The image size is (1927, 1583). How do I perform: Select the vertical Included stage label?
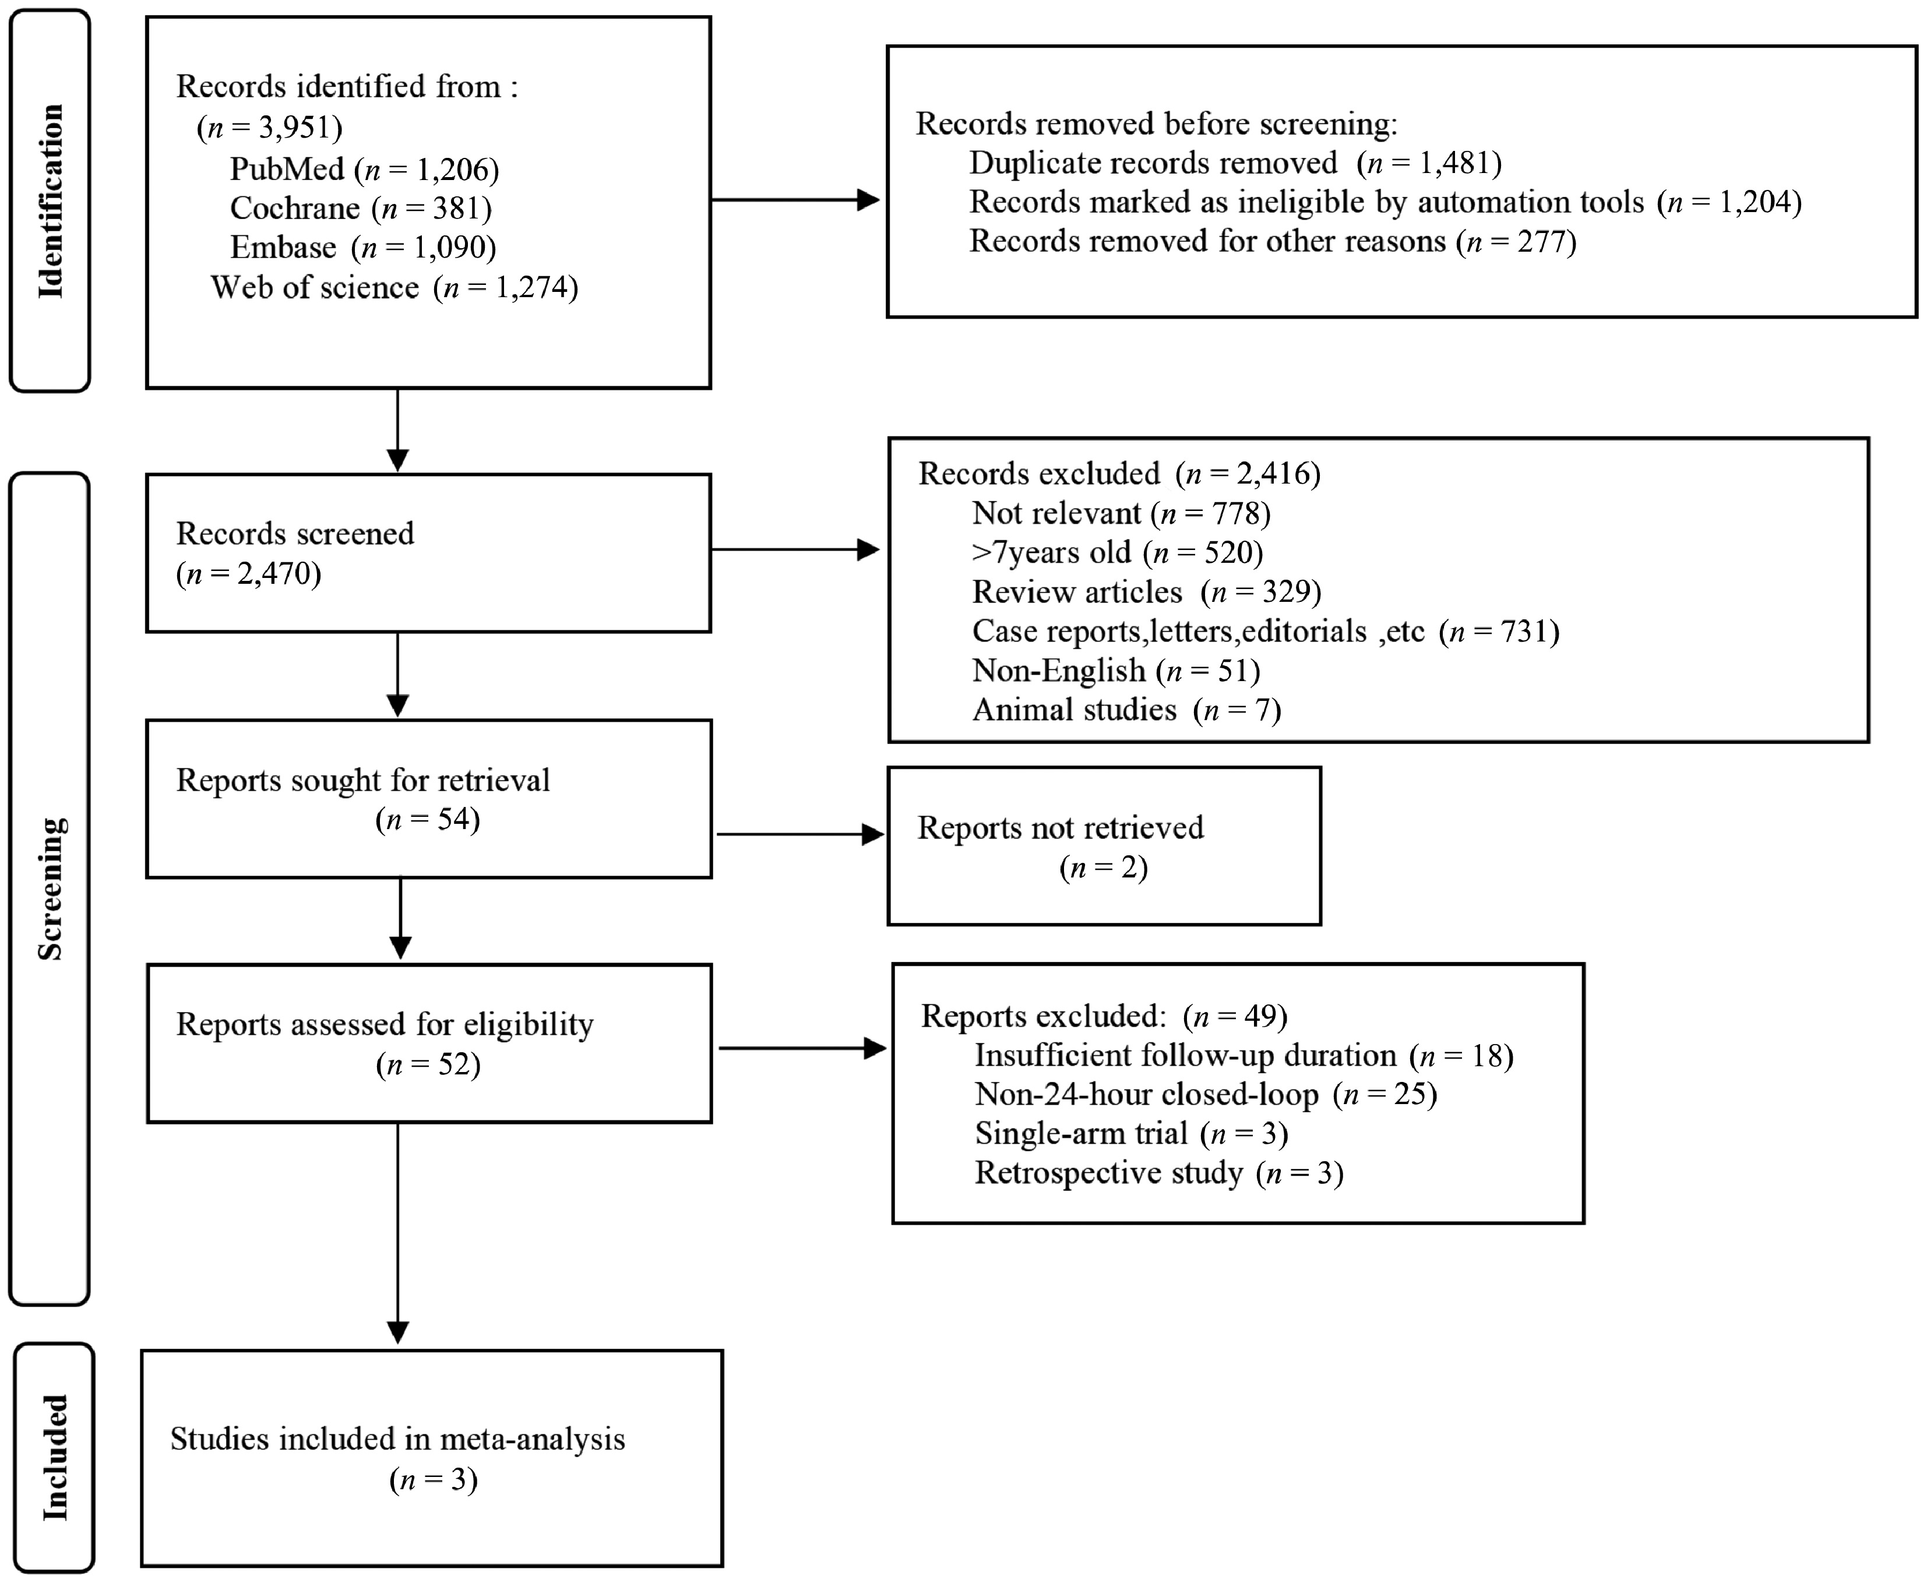tap(55, 1457)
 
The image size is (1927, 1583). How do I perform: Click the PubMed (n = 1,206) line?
tap(364, 169)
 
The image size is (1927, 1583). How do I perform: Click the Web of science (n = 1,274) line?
tap(394, 287)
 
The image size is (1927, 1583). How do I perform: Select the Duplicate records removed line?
tap(1235, 163)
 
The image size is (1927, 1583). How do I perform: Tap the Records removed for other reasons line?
tap(1272, 241)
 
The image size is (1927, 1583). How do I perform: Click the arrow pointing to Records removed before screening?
tap(795, 200)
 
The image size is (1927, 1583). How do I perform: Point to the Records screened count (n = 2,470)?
tap(248, 573)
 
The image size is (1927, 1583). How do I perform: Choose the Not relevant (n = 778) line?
tap(1121, 513)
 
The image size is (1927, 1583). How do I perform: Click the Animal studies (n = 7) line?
tap(1126, 710)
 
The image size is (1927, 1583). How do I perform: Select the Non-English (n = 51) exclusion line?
tap(1116, 670)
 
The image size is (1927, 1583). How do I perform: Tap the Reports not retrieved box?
tap(1104, 846)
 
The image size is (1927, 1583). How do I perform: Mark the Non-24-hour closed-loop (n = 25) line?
tap(1206, 1094)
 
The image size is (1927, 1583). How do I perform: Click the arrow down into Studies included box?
tap(399, 1233)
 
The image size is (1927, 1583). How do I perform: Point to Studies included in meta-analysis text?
tap(397, 1439)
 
